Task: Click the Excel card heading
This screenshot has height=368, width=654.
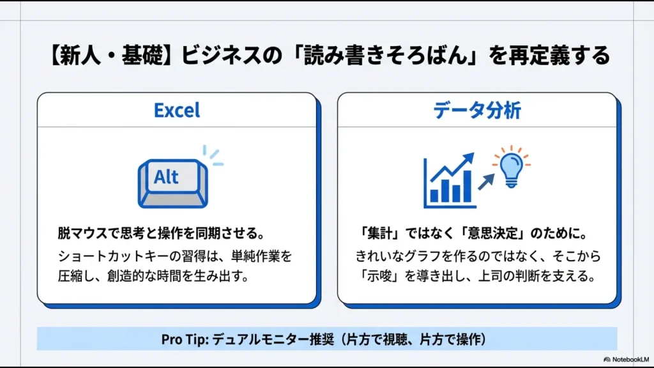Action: click(177, 110)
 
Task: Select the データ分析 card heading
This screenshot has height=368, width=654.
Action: click(477, 110)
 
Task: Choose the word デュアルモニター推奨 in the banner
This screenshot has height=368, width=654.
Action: click(275, 339)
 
